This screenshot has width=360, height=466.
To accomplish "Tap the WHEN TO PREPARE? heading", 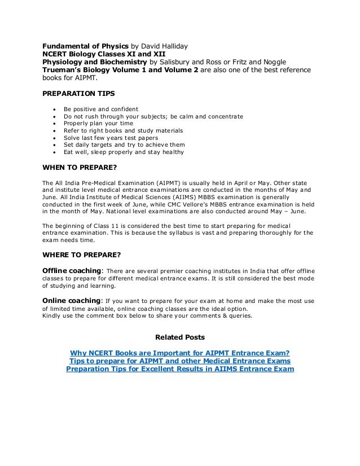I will pos(77,167).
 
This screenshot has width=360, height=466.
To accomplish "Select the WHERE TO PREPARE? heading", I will pos(79,254).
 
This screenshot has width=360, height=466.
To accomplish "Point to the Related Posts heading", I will pos(179,338).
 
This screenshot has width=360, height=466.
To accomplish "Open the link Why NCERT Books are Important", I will pos(179,353).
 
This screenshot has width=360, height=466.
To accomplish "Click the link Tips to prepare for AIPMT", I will pos(179,361).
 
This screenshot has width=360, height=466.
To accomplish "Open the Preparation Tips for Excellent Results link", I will pos(179,370).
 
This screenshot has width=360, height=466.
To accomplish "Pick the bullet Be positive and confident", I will pos(100,109).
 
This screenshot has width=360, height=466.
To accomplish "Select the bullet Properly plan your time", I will pos(98,124).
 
